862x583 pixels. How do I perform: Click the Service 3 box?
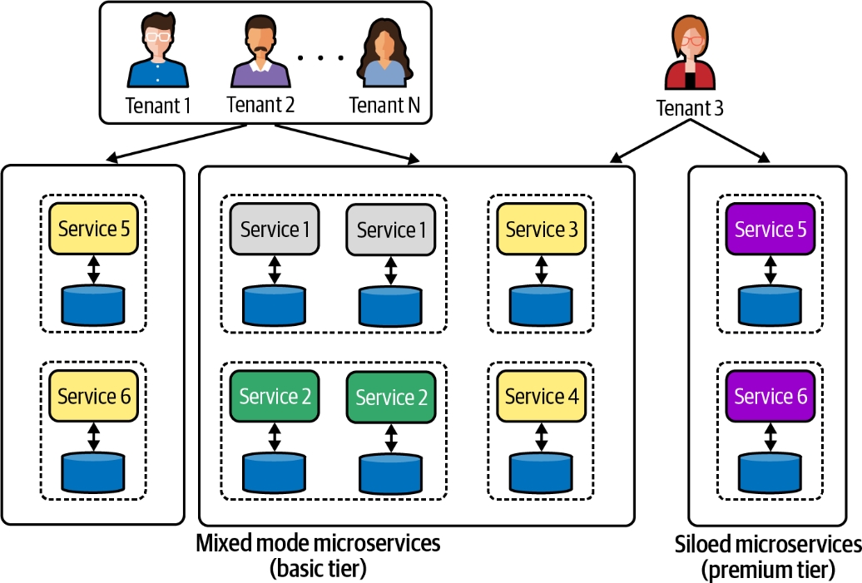542,229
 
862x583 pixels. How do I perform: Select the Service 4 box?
542,396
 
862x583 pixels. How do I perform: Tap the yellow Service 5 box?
93,229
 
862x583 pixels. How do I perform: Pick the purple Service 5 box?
770,229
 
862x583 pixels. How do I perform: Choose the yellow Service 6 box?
93,396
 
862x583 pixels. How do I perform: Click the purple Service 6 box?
770,396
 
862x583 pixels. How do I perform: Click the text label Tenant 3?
690,108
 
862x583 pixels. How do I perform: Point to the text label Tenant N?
384,106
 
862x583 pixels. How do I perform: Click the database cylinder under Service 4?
542,472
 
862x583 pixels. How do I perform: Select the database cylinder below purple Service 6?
770,472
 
